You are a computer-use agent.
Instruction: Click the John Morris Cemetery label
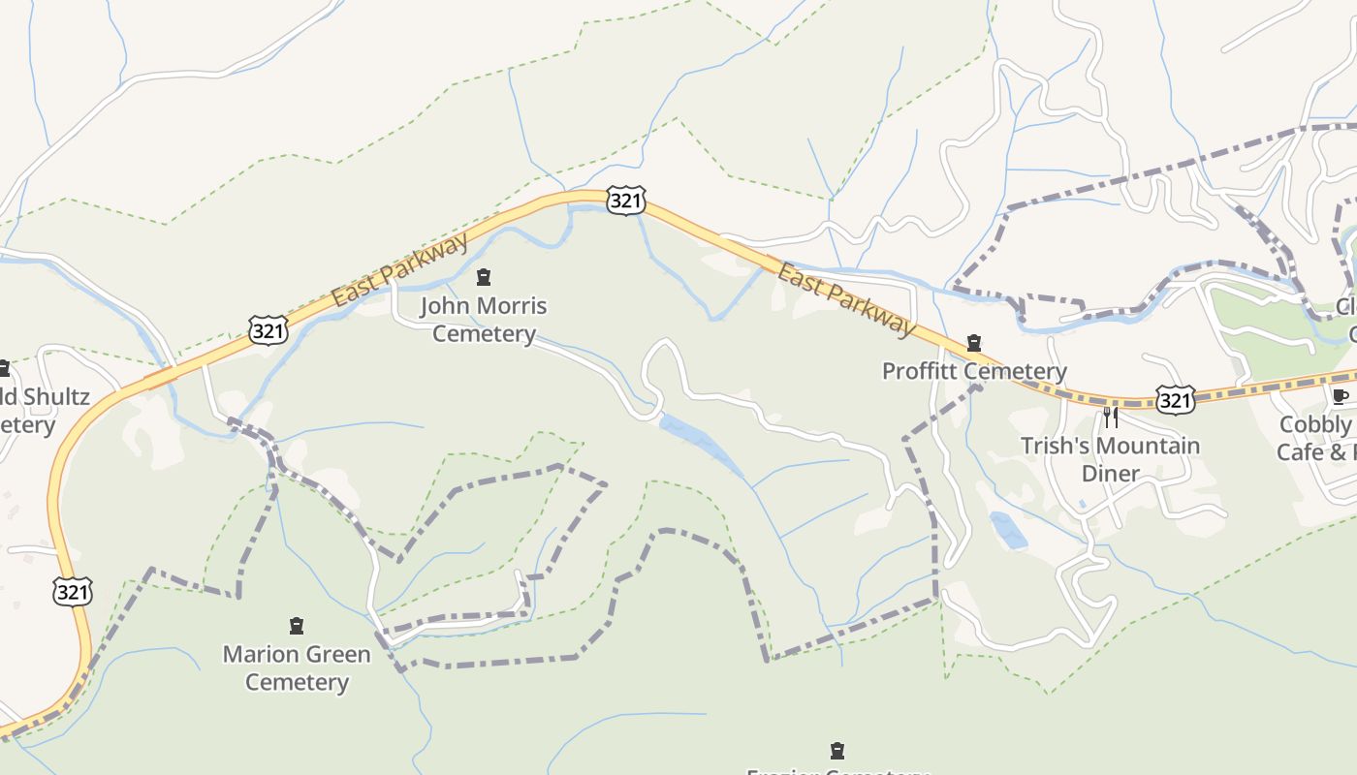484,320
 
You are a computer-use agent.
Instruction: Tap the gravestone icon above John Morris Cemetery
484,278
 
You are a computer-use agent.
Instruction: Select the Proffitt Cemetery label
973,371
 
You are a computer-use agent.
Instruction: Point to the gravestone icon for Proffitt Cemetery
974,344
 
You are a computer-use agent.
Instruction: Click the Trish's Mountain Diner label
1110,459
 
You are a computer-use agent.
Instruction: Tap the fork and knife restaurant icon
1111,418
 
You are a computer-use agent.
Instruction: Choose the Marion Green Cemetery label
297,667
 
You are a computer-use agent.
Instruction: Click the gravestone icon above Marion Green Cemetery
297,626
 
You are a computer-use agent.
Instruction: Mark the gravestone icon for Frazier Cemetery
837,750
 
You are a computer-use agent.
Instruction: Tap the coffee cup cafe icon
1341,396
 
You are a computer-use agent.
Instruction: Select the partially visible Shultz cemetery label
44,410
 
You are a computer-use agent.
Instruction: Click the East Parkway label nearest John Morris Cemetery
399,270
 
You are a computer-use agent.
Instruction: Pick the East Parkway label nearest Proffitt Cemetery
846,300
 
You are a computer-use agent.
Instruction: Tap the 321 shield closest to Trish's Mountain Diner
1175,399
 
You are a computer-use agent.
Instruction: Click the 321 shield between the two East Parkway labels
625,201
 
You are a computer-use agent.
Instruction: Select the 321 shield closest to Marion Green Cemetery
73,591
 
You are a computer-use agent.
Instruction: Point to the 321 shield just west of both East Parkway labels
268,329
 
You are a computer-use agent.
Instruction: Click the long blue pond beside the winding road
700,445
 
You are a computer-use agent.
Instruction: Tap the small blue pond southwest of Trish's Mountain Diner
1008,531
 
